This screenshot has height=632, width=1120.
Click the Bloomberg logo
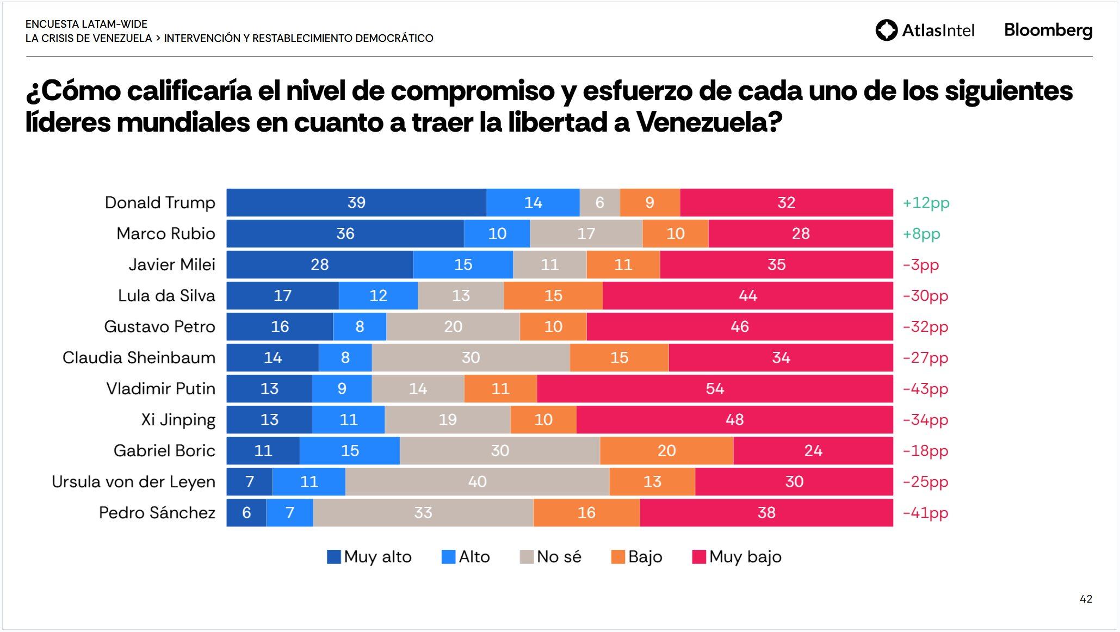point(1048,30)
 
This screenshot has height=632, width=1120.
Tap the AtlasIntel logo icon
point(886,30)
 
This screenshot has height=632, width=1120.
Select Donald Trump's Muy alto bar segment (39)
point(356,203)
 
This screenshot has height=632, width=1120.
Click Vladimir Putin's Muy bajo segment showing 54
point(715,389)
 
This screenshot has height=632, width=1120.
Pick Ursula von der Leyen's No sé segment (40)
point(477,482)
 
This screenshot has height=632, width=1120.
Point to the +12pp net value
point(926,203)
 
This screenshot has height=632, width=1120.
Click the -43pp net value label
point(925,389)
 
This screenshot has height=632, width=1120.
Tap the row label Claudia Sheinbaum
point(139,358)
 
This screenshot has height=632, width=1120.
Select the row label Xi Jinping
point(178,420)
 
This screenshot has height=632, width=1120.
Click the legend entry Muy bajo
point(737,557)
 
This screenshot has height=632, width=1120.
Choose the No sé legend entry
point(550,557)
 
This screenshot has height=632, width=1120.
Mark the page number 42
point(1086,599)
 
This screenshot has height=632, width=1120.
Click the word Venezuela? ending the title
point(709,122)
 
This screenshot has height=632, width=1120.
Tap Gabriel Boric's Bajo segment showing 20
point(666,451)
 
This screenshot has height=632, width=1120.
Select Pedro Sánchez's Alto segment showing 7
point(289,513)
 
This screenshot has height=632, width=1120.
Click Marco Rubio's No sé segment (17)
point(586,234)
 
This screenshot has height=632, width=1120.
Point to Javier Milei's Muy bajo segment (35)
point(776,265)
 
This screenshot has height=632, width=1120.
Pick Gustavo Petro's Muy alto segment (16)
point(280,327)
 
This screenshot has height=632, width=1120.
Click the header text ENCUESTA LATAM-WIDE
point(86,24)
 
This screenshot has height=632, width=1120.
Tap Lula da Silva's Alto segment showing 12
point(378,296)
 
